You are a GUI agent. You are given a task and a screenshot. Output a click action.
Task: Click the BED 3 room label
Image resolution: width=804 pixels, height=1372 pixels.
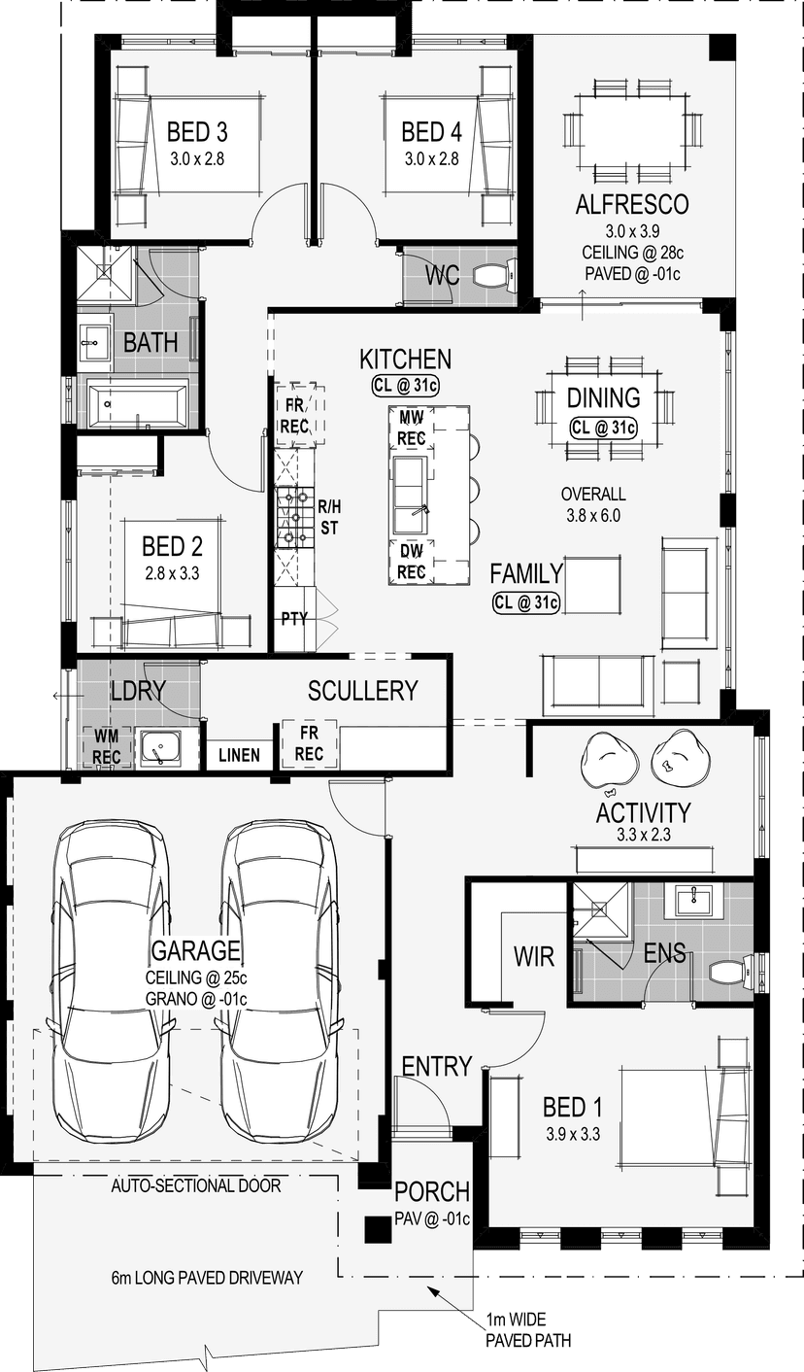(x=197, y=132)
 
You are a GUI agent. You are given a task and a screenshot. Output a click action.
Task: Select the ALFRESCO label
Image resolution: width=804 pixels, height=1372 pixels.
(x=632, y=205)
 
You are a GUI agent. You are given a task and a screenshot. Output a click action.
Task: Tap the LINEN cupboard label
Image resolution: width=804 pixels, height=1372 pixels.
(x=239, y=755)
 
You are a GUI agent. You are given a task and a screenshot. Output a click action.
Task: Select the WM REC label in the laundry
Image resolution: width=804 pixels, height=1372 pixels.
(x=106, y=746)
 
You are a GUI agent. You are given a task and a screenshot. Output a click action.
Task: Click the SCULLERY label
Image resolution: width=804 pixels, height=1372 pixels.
(x=363, y=691)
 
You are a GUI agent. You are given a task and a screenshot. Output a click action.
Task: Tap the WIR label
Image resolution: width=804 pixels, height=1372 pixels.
(x=533, y=956)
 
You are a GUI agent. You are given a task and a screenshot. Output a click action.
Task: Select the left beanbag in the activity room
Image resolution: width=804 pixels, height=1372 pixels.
(x=609, y=759)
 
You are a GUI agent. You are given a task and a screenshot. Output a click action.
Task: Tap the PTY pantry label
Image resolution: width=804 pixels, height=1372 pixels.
(x=294, y=619)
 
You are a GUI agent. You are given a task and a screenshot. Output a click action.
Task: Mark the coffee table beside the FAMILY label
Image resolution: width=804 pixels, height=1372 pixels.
(x=592, y=585)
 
